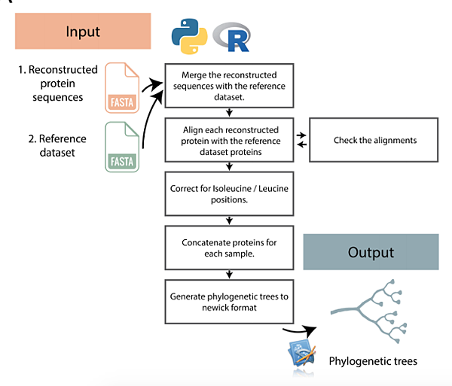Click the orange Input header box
click(83, 32)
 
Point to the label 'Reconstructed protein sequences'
click(58, 83)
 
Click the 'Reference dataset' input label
click(58, 146)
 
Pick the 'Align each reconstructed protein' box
click(229, 140)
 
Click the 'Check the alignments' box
click(374, 140)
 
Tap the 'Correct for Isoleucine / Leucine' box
click(229, 193)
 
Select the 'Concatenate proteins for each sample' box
click(229, 249)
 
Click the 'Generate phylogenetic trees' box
click(229, 301)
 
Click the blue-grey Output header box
click(371, 251)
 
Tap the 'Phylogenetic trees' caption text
click(373, 362)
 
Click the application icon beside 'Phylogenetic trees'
click(304, 354)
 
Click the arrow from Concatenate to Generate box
click(229, 275)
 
